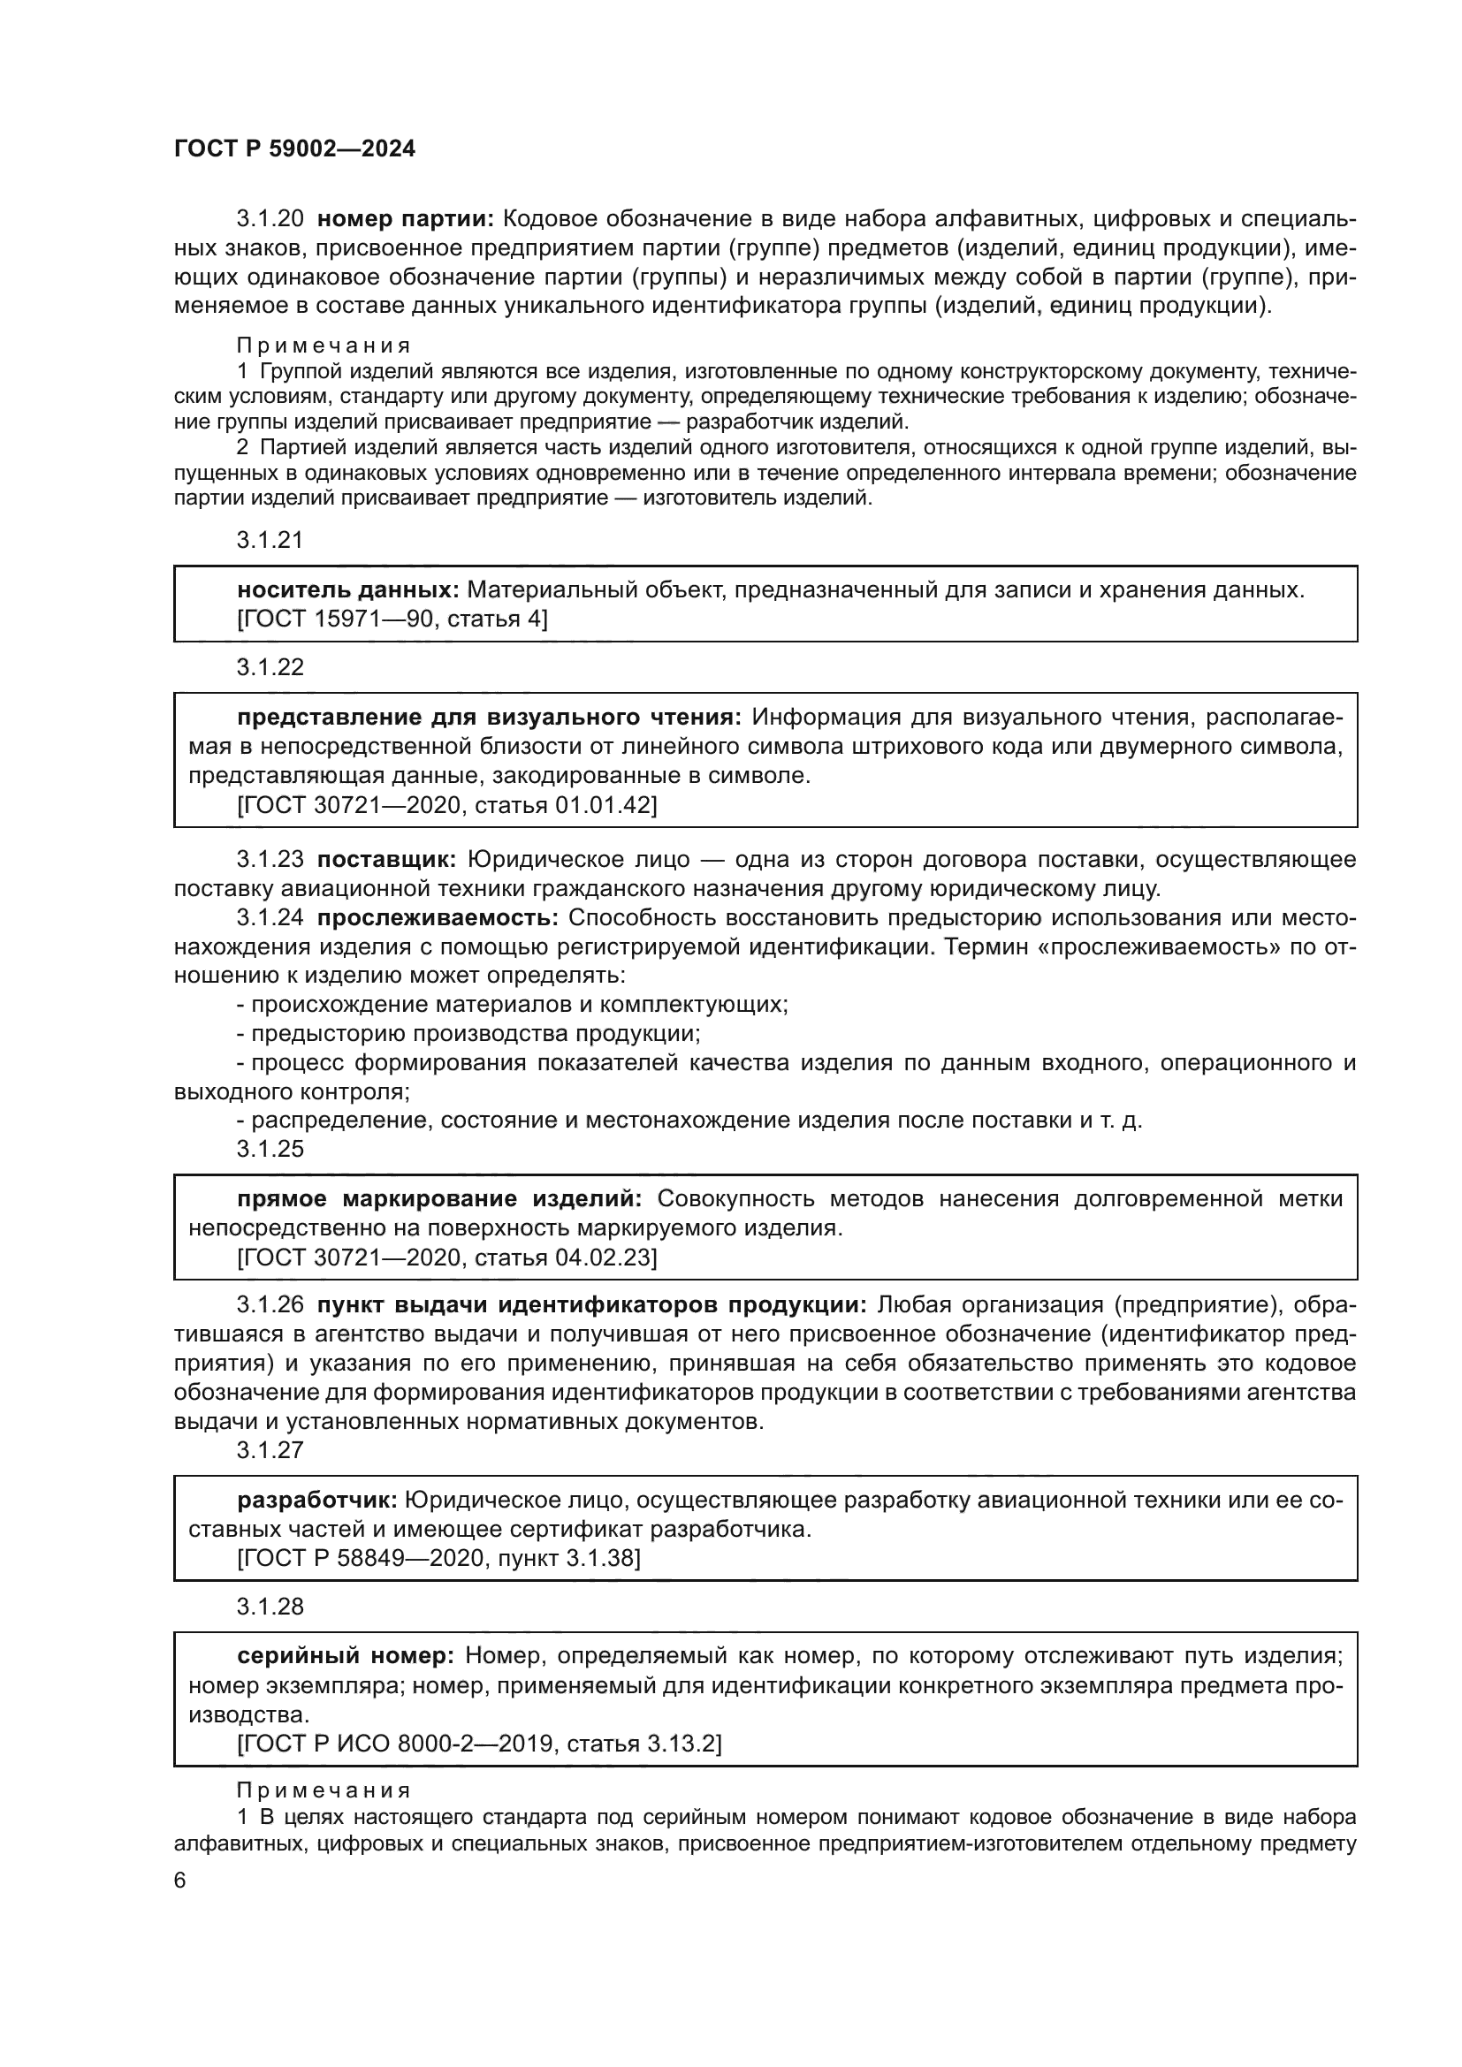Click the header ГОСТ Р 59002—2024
tap(294, 149)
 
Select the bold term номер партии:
tap(406, 219)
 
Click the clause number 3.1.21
tap(270, 540)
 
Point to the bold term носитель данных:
tap(347, 589)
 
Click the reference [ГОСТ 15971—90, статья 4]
tap(392, 619)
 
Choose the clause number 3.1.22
tap(270, 667)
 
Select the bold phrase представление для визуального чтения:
tap(489, 718)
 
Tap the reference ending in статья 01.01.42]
tap(446, 805)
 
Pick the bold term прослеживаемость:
tap(438, 917)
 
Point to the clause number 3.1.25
tap(270, 1149)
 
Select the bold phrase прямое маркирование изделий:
tap(439, 1199)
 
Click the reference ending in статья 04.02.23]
tap(446, 1257)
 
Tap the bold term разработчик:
tap(317, 1501)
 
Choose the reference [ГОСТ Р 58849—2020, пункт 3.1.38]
tap(438, 1558)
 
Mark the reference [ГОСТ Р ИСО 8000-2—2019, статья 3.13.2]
tap(479, 1743)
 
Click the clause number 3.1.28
tap(270, 1607)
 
